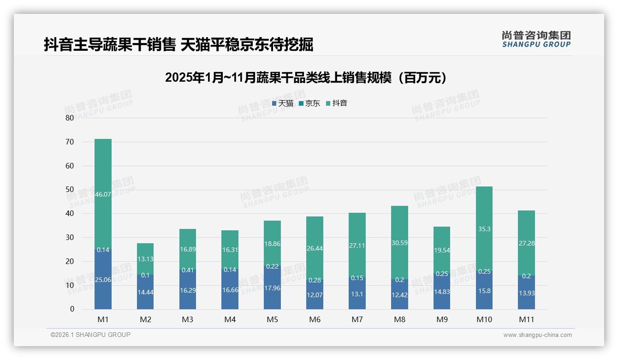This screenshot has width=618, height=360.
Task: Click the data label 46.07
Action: pos(103,195)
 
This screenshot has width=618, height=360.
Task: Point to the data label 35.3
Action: pos(484,229)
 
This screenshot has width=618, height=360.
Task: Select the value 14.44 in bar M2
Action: pos(145,292)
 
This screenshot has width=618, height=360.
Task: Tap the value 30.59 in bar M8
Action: pos(399,242)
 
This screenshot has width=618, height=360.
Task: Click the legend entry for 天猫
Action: pos(283,103)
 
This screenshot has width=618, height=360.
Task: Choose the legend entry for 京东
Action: pos(309,103)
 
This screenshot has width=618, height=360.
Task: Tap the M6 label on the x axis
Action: pos(315,319)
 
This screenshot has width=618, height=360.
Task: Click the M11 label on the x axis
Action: pos(526,319)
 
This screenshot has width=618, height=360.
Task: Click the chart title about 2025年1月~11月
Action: pos(306,78)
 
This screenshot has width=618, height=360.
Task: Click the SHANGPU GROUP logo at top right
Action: pos(536,39)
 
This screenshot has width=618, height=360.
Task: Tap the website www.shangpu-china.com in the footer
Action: pos(537,335)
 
